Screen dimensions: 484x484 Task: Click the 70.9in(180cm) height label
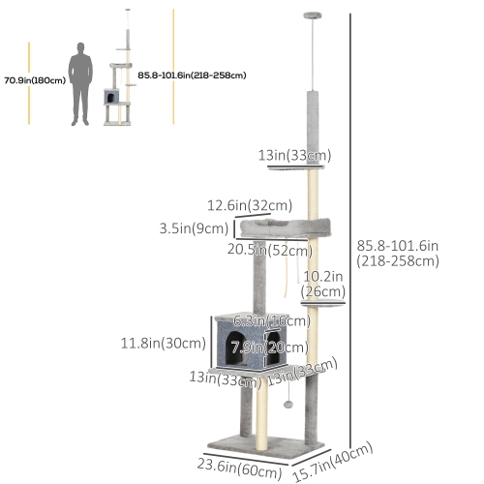point(33,80)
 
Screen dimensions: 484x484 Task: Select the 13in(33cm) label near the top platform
point(295,155)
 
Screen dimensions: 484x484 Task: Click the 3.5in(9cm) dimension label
point(194,229)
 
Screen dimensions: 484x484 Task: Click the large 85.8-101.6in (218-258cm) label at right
point(398,253)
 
